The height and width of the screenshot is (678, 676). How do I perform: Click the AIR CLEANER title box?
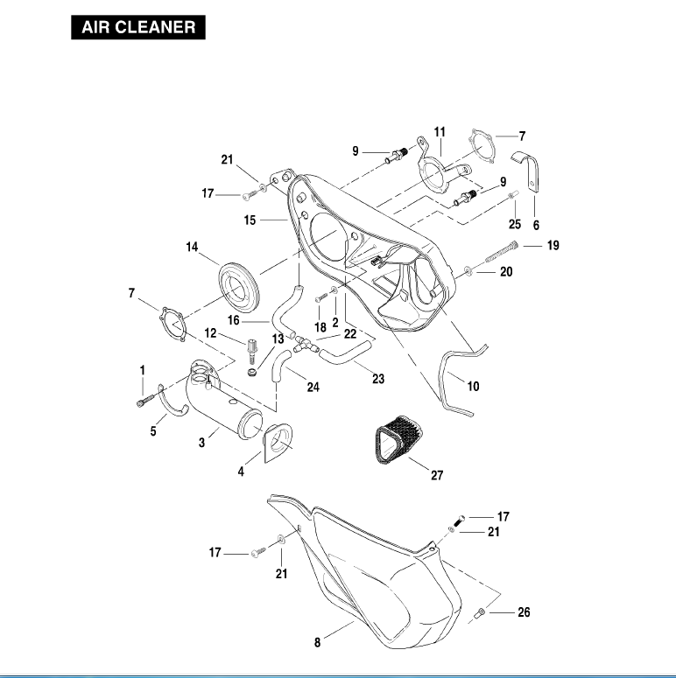138,27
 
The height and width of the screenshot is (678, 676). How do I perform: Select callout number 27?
437,476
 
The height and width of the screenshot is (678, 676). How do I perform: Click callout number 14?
192,248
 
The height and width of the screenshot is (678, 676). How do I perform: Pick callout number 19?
553,246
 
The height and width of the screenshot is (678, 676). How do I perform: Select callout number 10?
474,386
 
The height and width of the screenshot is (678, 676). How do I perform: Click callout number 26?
524,612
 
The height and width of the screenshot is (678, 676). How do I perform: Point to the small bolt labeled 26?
482,616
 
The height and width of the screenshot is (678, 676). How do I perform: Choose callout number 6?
536,225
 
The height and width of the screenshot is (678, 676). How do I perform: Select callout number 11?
440,131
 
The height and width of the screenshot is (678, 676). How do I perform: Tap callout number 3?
201,444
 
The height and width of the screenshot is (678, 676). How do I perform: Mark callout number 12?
210,333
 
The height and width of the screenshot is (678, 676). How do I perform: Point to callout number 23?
378,379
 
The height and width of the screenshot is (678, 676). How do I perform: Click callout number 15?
250,220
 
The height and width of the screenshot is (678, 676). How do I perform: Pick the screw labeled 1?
141,400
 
